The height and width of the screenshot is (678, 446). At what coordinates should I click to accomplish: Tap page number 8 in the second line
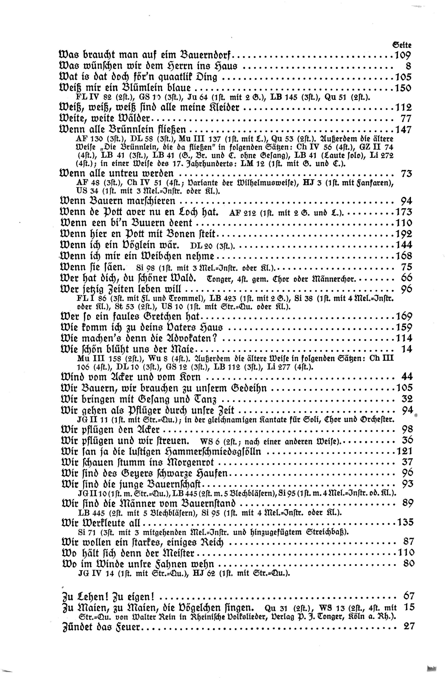[x=408, y=66]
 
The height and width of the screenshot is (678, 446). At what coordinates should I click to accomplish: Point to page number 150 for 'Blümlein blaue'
[x=403, y=88]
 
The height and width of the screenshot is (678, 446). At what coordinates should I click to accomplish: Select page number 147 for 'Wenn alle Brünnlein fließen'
[x=403, y=130]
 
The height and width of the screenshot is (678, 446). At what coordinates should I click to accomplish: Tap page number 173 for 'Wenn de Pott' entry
[x=403, y=212]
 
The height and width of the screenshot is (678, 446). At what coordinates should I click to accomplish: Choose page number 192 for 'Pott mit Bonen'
[x=403, y=234]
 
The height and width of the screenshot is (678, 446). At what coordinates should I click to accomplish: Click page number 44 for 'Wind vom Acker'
[x=406, y=377]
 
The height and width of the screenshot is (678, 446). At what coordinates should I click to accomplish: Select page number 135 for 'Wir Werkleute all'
[x=404, y=522]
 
